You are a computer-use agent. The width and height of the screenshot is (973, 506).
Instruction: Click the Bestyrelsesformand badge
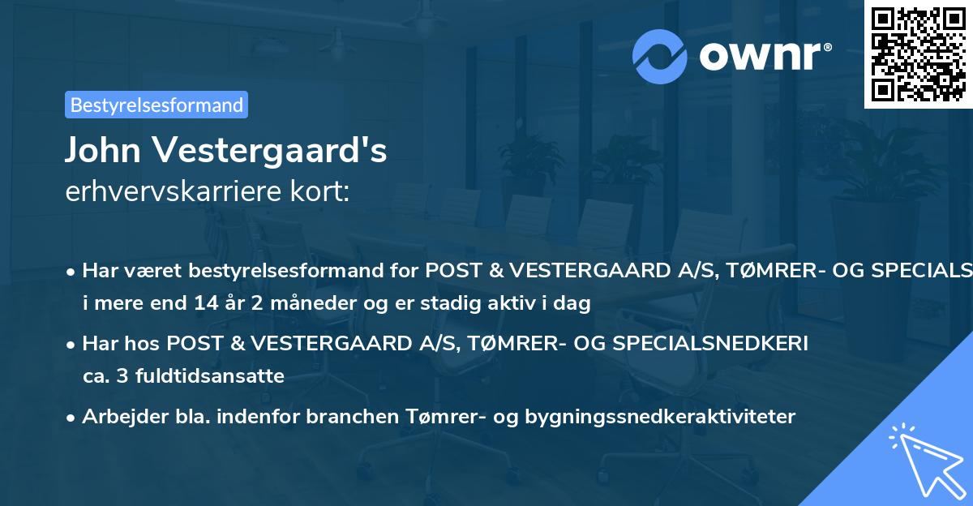click(x=156, y=105)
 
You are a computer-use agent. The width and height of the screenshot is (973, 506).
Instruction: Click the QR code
click(x=918, y=54)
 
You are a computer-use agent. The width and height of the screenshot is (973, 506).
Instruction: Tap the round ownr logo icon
click(x=660, y=56)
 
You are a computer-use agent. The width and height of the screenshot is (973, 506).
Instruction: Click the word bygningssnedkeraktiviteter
click(x=661, y=417)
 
